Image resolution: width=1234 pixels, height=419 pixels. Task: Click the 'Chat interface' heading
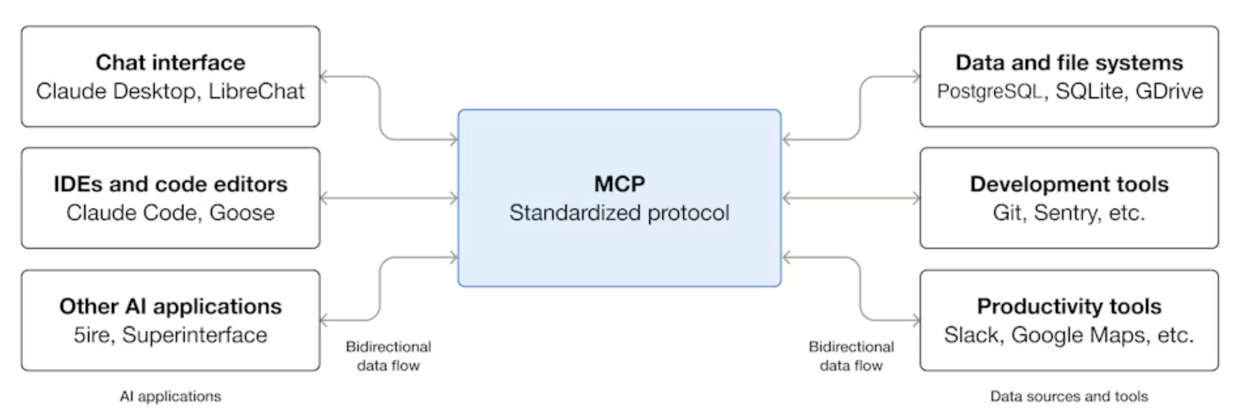[x=170, y=63]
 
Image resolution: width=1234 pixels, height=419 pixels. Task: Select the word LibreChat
[x=256, y=91]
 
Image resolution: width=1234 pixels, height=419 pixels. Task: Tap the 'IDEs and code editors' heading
[x=170, y=184]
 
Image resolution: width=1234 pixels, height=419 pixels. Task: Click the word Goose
[x=242, y=213]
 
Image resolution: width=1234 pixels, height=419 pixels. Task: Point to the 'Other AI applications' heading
[x=170, y=306]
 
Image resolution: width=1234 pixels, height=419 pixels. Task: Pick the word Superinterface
[x=194, y=335]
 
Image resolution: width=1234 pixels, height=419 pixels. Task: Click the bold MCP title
[x=619, y=184]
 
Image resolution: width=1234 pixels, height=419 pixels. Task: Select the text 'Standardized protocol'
[x=619, y=213]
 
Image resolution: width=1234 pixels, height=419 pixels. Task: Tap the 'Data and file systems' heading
[x=1069, y=63]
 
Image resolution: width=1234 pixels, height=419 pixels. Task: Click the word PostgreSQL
[x=989, y=91]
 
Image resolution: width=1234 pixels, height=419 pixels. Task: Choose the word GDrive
[x=1169, y=91]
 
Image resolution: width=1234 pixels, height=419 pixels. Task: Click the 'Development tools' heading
[x=1069, y=184]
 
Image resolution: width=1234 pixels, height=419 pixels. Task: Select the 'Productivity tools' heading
[x=1069, y=306]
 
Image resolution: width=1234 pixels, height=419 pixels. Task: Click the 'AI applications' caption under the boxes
[x=170, y=396]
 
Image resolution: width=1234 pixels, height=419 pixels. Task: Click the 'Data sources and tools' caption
[x=1069, y=396]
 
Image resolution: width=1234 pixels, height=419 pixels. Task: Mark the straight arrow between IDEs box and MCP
[x=389, y=198]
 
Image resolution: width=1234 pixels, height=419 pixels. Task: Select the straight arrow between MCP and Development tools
[x=851, y=198]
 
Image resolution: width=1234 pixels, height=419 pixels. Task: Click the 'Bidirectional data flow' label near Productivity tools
[x=851, y=356]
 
